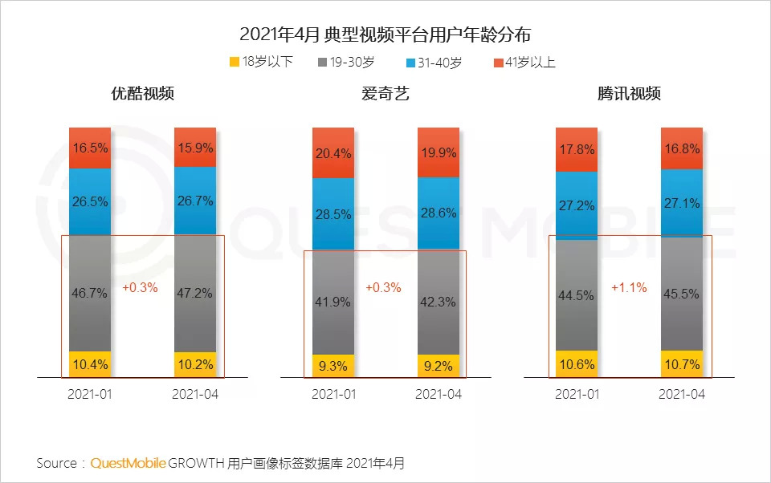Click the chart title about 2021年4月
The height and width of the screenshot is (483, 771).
(x=385, y=35)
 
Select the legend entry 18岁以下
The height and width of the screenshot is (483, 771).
(x=261, y=62)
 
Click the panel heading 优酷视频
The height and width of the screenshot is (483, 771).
(x=142, y=93)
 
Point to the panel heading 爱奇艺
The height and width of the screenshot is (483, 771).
(x=385, y=93)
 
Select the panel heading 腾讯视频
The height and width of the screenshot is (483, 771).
(x=629, y=93)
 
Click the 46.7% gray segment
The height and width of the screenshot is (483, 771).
(x=90, y=294)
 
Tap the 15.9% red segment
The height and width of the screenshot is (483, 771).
(x=195, y=148)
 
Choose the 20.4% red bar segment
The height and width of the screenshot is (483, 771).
(x=333, y=153)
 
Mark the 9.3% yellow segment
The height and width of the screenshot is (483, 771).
(x=333, y=366)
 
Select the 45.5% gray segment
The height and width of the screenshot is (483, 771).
(x=682, y=294)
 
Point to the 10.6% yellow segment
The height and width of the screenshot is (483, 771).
(x=577, y=363)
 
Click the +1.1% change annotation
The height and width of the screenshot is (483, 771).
(x=629, y=287)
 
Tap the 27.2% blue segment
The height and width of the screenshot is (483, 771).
(x=577, y=205)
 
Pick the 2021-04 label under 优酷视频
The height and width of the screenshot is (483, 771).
(x=195, y=395)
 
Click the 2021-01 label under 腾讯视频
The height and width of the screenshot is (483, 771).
(x=577, y=395)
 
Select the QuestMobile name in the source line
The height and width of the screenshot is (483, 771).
(x=128, y=463)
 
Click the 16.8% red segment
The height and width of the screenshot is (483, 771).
(x=682, y=148)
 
